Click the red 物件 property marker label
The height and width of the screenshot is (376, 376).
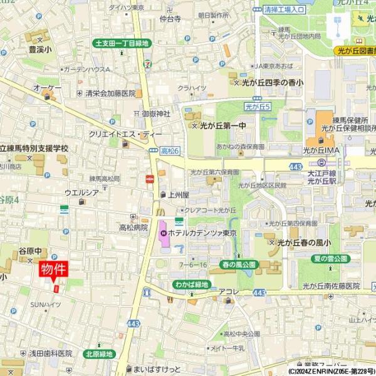click(54, 270)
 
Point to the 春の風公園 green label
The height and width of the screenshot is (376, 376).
click(239, 265)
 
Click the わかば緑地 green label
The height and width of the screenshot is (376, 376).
click(191, 285)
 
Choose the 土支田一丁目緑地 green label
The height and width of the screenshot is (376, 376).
click(122, 43)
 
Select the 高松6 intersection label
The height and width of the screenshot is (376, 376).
click(170, 151)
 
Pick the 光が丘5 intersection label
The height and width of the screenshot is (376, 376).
click(257, 107)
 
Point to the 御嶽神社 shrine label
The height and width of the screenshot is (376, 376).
click(156, 113)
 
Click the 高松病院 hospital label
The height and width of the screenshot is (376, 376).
click(133, 227)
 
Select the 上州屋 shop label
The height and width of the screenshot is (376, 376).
click(178, 195)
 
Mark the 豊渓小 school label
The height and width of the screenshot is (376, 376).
click(41, 47)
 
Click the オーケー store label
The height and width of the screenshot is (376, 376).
click(48, 88)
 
